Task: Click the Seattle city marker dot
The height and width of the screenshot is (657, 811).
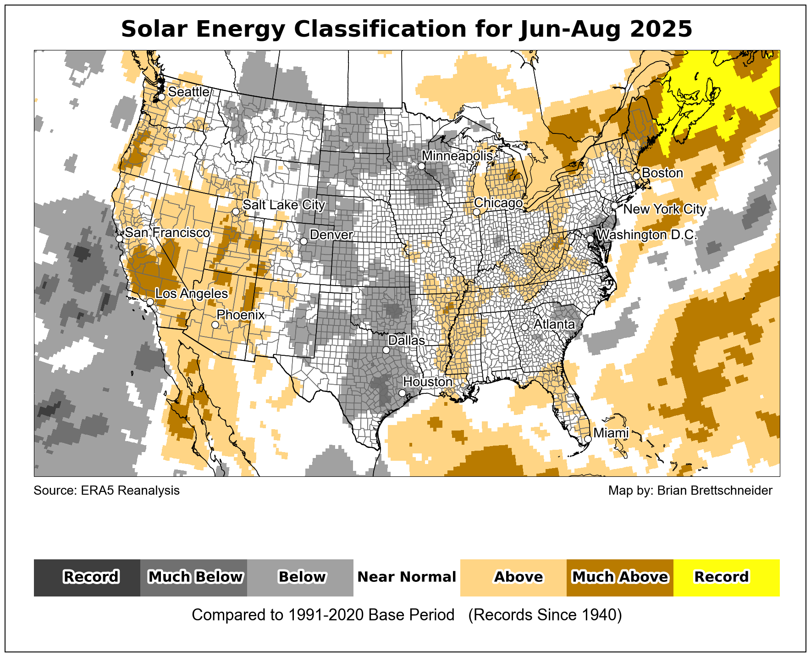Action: pyautogui.click(x=161, y=97)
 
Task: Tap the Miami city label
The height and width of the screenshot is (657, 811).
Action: pyautogui.click(x=611, y=433)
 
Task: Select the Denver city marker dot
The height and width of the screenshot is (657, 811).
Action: pyautogui.click(x=303, y=241)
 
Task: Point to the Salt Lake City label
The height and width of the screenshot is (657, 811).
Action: pyautogui.click(x=284, y=204)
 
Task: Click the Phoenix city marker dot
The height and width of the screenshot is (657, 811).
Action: pyautogui.click(x=215, y=325)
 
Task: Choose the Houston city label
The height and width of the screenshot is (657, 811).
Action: pyautogui.click(x=428, y=381)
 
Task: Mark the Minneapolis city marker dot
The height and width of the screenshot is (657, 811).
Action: pyautogui.click(x=421, y=166)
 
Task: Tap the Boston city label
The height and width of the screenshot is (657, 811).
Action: pyautogui.click(x=662, y=173)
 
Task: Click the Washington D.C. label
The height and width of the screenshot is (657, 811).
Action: pyautogui.click(x=647, y=235)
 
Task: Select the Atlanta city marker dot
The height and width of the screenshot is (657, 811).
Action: pyautogui.click(x=524, y=327)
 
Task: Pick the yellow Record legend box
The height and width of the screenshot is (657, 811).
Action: pyautogui.click(x=726, y=577)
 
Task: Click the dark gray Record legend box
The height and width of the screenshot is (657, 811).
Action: pyautogui.click(x=87, y=577)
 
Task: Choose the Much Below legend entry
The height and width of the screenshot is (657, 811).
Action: pyautogui.click(x=194, y=577)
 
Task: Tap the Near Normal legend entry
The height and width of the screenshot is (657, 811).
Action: pyautogui.click(x=407, y=577)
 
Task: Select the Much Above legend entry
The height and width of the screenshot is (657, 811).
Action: pyautogui.click(x=620, y=577)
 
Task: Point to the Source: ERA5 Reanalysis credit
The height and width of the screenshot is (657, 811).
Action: pyautogui.click(x=107, y=491)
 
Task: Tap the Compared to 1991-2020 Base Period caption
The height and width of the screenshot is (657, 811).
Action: pyautogui.click(x=323, y=615)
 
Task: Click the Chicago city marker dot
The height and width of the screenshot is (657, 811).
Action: pyautogui.click(x=477, y=212)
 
